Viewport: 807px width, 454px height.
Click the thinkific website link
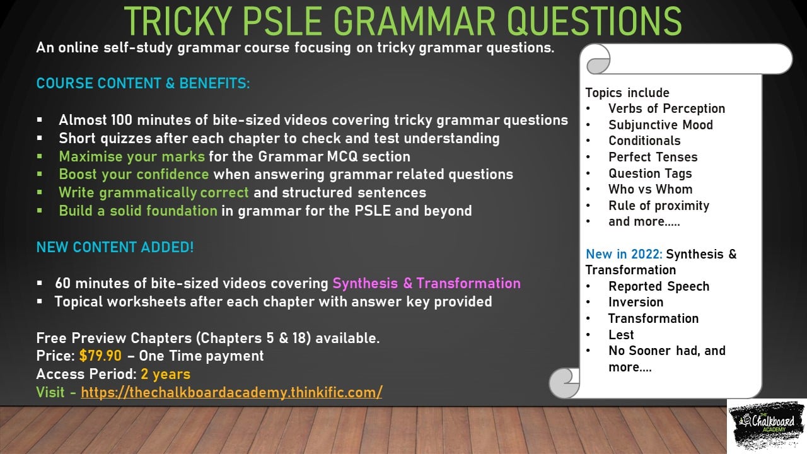coord(231,392)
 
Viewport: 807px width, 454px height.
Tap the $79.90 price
coord(100,356)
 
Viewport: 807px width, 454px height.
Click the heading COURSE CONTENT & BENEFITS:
coord(143,83)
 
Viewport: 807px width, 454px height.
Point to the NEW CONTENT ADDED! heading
coord(115,247)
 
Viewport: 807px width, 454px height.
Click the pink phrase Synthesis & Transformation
coord(427,283)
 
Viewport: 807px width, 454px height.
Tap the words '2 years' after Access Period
coord(165,374)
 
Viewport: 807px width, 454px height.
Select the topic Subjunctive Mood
coord(661,125)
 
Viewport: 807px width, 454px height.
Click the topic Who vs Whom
coord(650,189)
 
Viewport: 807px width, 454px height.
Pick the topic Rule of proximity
coord(659,206)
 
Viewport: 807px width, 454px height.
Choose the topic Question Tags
coord(650,173)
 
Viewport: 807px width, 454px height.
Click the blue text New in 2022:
coord(624,254)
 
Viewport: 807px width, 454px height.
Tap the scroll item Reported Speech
coord(659,286)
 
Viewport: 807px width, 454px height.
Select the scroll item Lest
coord(621,335)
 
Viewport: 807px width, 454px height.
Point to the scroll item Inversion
coord(636,302)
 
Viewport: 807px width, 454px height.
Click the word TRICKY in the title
coord(178,21)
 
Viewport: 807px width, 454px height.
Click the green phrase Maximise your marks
coord(132,157)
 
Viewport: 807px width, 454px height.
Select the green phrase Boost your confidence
coord(134,175)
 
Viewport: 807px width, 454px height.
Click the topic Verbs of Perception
coord(667,108)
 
